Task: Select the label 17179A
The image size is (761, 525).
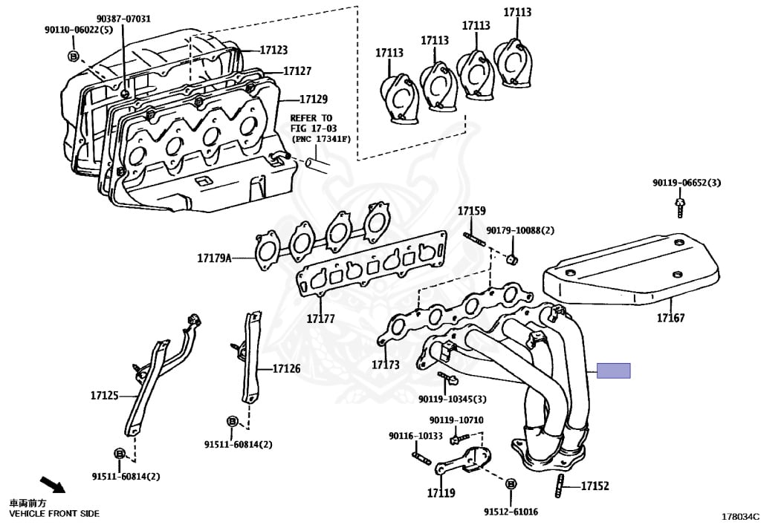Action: click(215, 258)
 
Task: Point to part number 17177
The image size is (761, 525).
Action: click(320, 319)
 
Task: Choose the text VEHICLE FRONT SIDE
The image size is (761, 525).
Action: click(54, 513)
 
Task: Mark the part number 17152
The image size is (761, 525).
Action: click(595, 486)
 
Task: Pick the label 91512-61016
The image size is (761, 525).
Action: click(511, 512)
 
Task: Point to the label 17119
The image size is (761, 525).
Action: click(441, 492)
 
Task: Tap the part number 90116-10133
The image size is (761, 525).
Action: click(415, 436)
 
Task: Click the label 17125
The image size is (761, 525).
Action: click(105, 396)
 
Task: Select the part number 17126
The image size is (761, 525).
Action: click(286, 368)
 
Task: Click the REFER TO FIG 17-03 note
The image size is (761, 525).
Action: click(311, 128)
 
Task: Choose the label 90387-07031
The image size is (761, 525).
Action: click(123, 19)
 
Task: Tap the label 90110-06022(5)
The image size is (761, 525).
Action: click(78, 30)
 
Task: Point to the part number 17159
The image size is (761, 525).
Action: click(471, 211)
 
